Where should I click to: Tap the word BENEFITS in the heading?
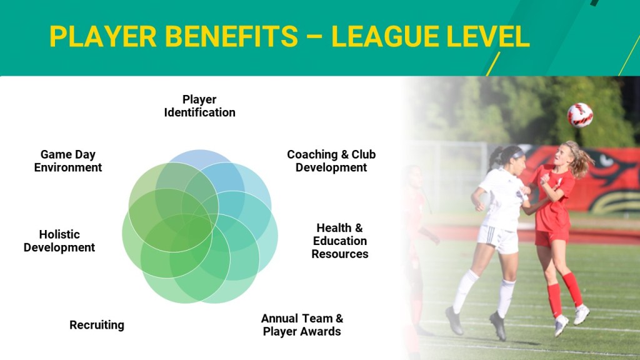pyautogui.click(x=232, y=37)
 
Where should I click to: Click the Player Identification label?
pyautogui.click(x=199, y=106)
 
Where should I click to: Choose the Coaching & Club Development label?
pyautogui.click(x=331, y=161)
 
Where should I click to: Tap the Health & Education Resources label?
pyautogui.click(x=339, y=241)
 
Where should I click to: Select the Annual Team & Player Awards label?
pyautogui.click(x=302, y=325)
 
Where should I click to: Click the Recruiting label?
pyautogui.click(x=97, y=325)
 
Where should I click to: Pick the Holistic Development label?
pyautogui.click(x=59, y=241)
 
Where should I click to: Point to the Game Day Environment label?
pyautogui.click(x=67, y=161)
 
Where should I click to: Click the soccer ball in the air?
pyautogui.click(x=579, y=115)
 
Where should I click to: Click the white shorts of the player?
pyautogui.click(x=498, y=238)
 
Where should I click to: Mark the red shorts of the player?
pyautogui.click(x=551, y=237)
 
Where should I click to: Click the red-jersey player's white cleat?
pyautogui.click(x=581, y=314)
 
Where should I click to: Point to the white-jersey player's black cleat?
pyautogui.click(x=498, y=325)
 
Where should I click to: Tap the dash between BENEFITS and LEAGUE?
pyautogui.click(x=315, y=37)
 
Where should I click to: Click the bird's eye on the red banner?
pyautogui.click(x=607, y=161)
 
